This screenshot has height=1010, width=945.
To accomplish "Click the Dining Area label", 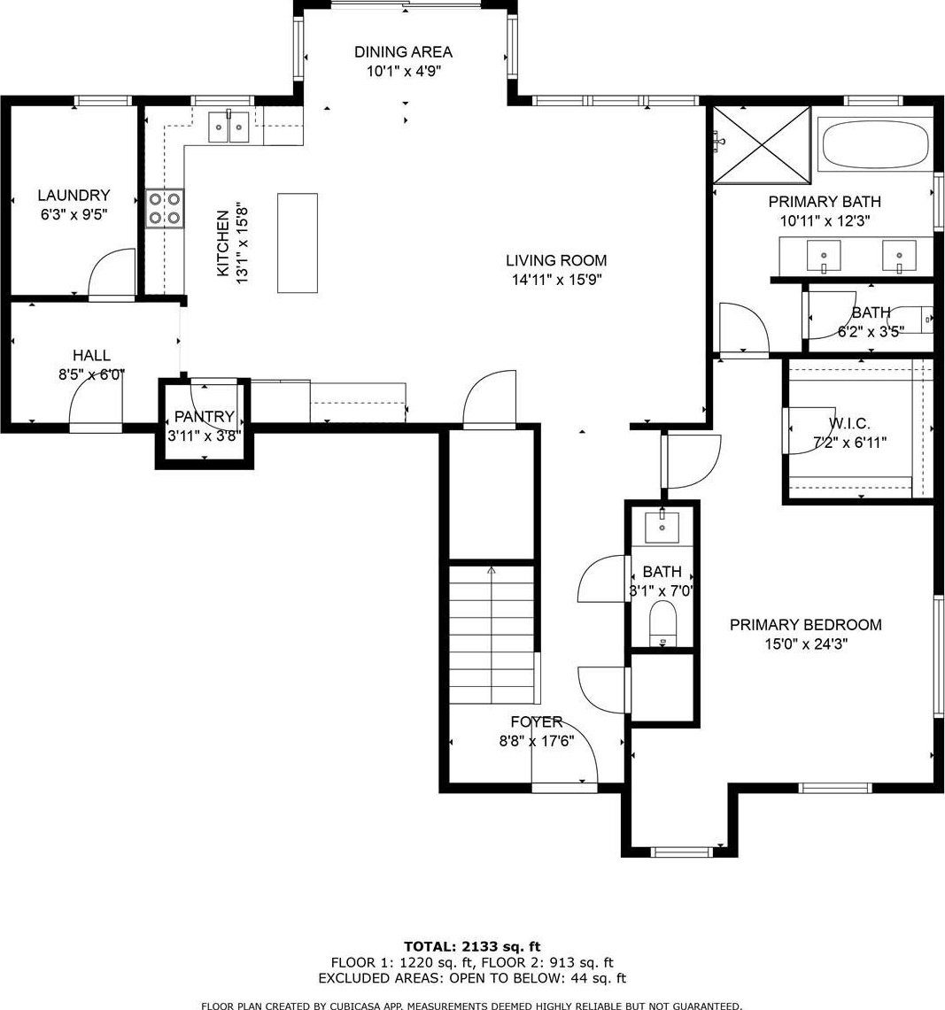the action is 404,51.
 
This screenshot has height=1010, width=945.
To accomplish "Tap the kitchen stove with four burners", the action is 165,209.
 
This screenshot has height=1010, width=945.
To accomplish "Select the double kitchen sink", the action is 229,127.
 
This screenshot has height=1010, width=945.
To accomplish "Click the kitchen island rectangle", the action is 298,243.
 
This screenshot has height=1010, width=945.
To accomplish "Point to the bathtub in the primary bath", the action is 876,144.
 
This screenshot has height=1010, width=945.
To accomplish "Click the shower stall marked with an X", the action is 762,145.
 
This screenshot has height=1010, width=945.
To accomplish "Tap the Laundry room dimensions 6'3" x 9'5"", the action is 74,214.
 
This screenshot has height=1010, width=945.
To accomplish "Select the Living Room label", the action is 556,260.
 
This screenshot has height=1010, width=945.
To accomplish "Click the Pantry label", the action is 204,416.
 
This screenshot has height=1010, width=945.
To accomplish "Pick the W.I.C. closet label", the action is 849,423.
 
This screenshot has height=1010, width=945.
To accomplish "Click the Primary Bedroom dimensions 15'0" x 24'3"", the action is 806,644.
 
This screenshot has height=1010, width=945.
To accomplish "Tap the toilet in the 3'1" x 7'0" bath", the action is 662,623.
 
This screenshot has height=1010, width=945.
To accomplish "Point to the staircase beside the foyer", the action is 492,635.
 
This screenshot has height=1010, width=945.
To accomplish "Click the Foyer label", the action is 537,722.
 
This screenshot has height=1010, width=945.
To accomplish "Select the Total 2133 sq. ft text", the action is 472,946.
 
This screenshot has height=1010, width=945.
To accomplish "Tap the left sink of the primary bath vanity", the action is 824,256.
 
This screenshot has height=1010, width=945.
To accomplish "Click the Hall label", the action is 91,355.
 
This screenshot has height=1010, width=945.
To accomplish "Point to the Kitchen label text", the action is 222,243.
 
